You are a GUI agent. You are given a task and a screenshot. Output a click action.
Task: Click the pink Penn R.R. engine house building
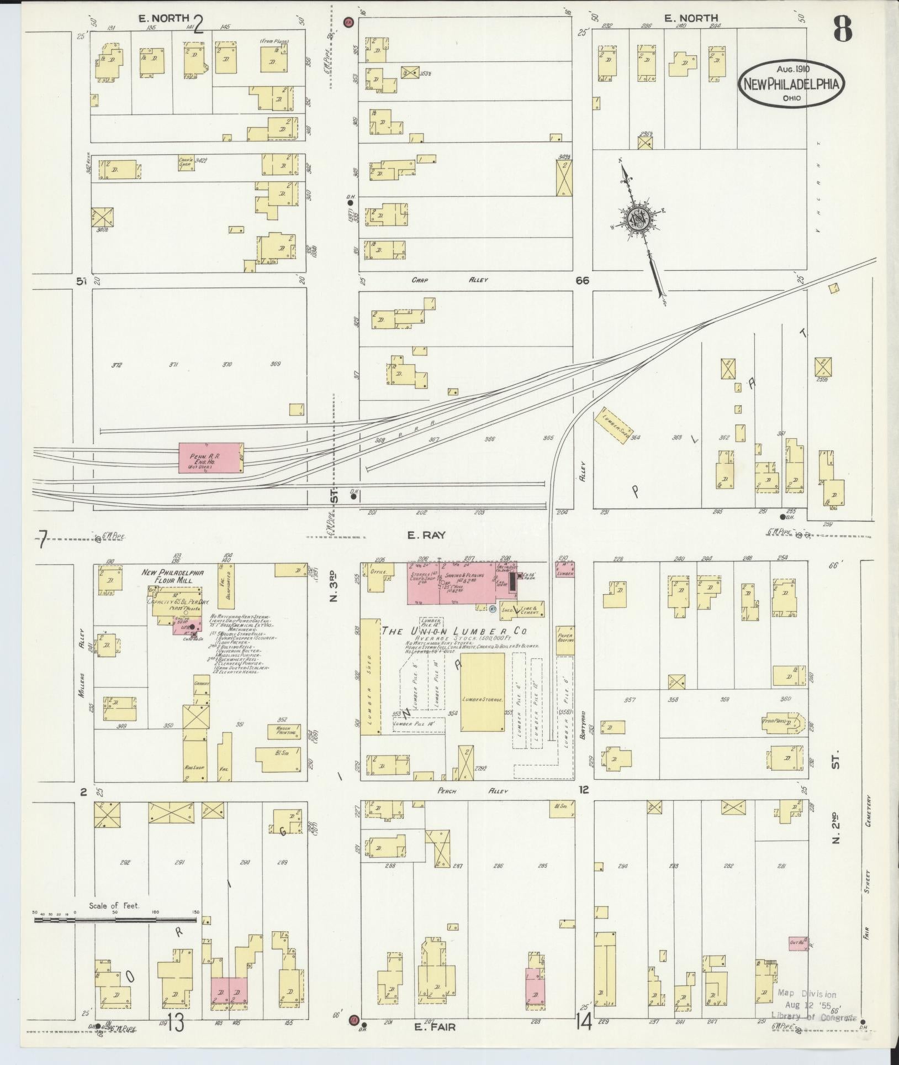210,457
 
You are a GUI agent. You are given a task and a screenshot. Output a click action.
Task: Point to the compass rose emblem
638,219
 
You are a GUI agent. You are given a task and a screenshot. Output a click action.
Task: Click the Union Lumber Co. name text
454,631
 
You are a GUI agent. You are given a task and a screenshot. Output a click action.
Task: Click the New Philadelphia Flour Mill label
173,576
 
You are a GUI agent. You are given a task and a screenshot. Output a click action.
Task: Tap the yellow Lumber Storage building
482,692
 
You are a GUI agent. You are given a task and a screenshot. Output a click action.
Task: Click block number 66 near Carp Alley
582,281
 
